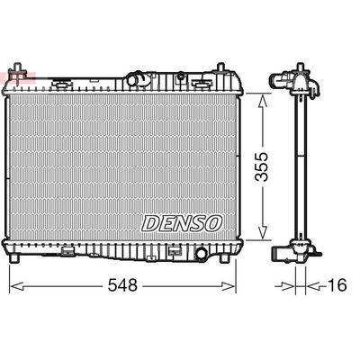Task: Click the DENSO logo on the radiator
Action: point(180,220)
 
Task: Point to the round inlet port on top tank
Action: point(135,79)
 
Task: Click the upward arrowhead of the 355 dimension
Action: point(262,101)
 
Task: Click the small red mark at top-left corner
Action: point(13,71)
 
